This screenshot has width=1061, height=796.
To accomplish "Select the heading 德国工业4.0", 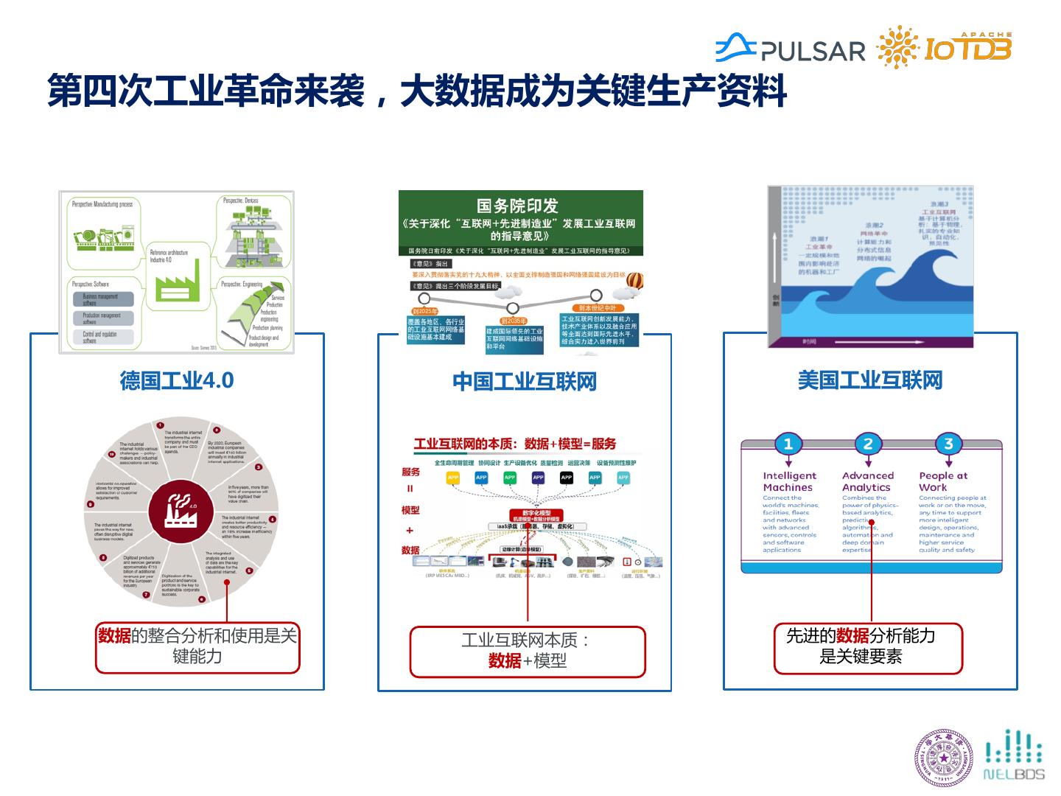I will pyautogui.click(x=177, y=380).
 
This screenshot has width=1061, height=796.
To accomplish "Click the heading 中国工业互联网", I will pyautogui.click(x=524, y=381).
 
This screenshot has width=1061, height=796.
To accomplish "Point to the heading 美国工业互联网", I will pyautogui.click(x=870, y=380).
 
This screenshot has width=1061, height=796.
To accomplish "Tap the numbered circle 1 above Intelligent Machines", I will pyautogui.click(x=788, y=444).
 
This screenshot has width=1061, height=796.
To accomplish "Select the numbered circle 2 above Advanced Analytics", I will pyautogui.click(x=868, y=444).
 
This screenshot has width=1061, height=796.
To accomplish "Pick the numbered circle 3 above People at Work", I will pyautogui.click(x=948, y=444).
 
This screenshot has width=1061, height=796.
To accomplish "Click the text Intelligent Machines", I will pyautogui.click(x=789, y=481).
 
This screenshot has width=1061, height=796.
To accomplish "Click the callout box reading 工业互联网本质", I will pyautogui.click(x=527, y=652).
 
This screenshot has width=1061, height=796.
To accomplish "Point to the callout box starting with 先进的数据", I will pyautogui.click(x=867, y=646).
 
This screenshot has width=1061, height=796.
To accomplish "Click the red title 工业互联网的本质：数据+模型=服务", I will pyautogui.click(x=515, y=444).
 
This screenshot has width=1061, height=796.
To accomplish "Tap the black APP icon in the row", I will pyautogui.click(x=566, y=478).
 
